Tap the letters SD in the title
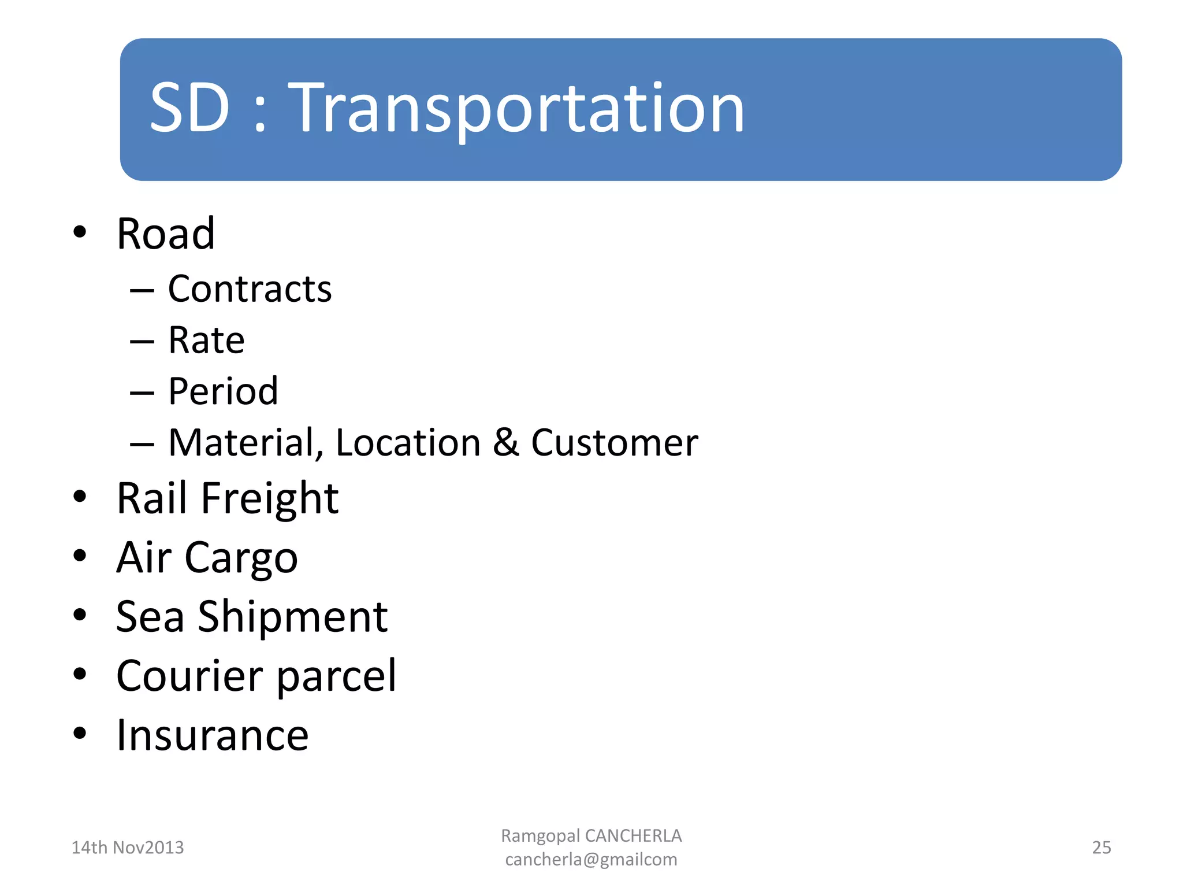pos(189,109)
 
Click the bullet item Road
pos(165,234)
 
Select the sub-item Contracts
pos(250,289)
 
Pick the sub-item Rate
pos(206,340)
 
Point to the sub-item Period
pos(223,391)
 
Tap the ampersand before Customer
pos(506,443)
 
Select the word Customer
pos(614,443)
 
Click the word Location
pos(408,443)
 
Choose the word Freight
pos(269,499)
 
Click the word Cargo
pos(241,558)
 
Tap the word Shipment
pos(292,617)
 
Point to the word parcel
pos(336,677)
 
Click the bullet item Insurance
pos(212,735)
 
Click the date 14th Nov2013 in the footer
pos(127,848)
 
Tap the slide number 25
pos(1101,848)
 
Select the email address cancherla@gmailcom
pos(591,860)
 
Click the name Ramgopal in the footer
pos(540,836)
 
